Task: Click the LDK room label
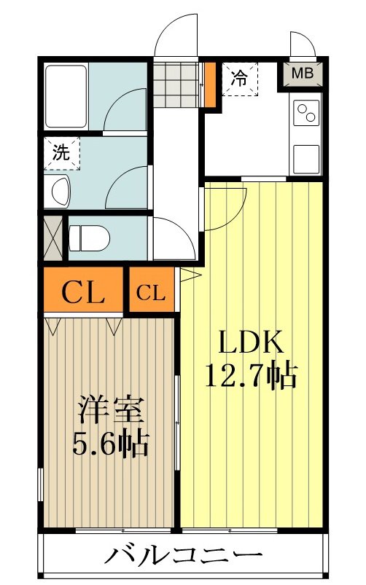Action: coord(248,342)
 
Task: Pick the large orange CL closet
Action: coord(82,294)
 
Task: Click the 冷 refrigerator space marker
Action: coord(238,77)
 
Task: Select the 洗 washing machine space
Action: coord(61,154)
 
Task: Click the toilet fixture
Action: coord(87,237)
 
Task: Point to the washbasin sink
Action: coord(60,190)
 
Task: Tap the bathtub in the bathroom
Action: coord(66,96)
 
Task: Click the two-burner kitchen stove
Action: coord(305,114)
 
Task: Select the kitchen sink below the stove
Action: coord(305,156)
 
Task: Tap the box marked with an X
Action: coord(53,237)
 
